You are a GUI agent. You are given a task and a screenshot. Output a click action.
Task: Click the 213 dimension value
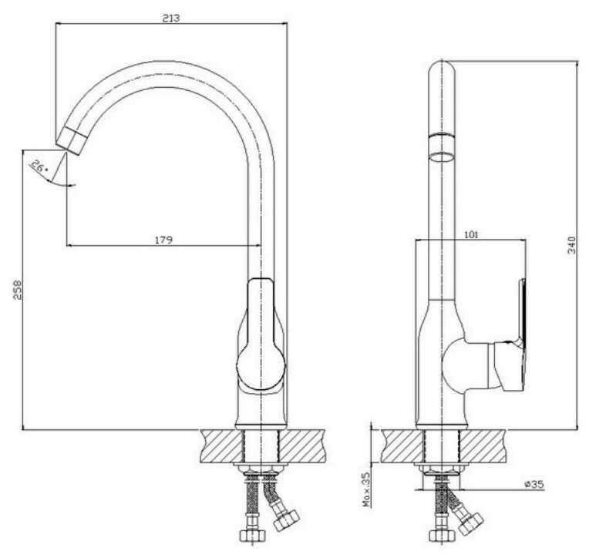(x=170, y=18)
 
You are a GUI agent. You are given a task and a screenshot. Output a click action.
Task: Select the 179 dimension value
(x=163, y=239)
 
